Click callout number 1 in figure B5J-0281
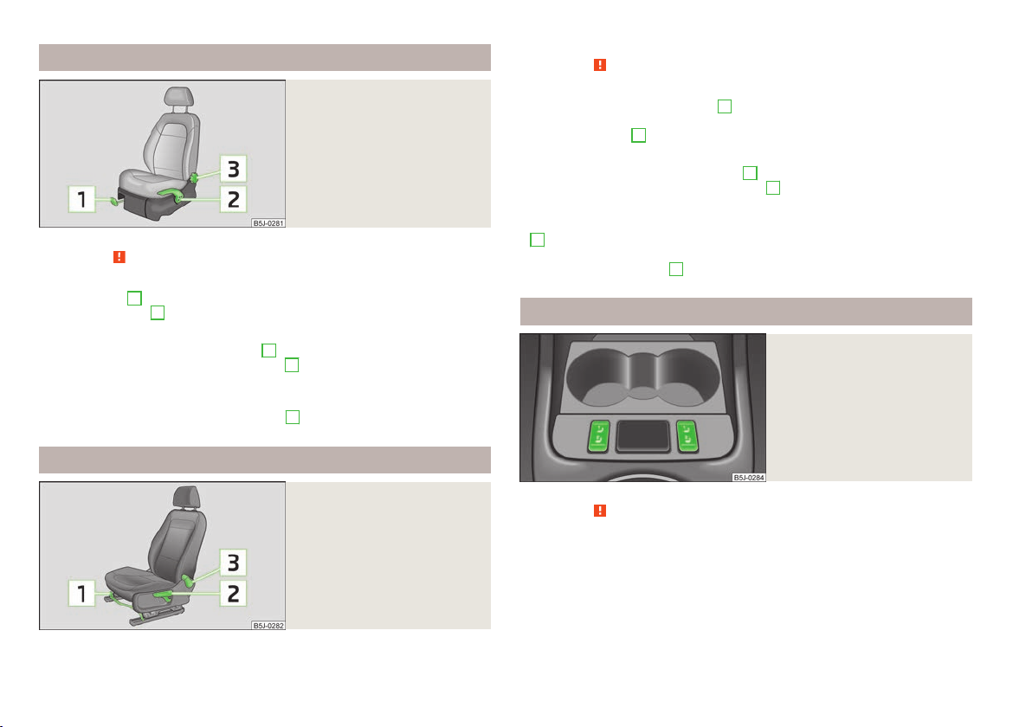(x=82, y=199)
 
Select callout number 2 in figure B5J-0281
(x=233, y=199)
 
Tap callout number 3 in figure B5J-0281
(x=233, y=169)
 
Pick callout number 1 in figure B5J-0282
(x=82, y=594)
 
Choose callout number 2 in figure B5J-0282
(x=233, y=594)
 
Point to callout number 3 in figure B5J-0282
(x=233, y=563)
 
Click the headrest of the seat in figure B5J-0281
(x=179, y=97)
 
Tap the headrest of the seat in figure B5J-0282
(x=186, y=496)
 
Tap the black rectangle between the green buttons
(x=642, y=436)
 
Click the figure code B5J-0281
(x=268, y=223)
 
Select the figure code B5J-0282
(x=268, y=625)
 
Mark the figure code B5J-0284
(x=749, y=477)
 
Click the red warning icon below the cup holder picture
(x=600, y=511)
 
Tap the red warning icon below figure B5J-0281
(x=119, y=256)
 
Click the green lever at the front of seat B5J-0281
(x=114, y=202)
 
